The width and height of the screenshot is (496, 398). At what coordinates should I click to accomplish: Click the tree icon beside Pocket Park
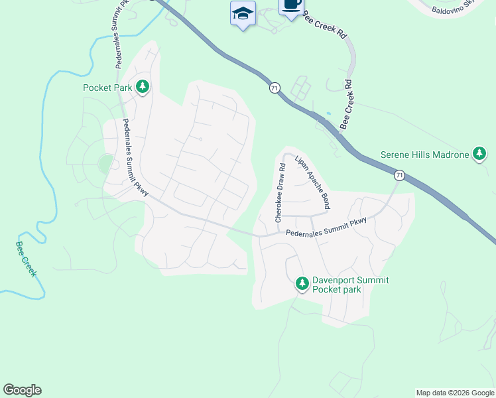coord(142,87)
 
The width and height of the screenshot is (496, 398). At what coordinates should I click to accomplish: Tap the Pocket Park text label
coord(107,88)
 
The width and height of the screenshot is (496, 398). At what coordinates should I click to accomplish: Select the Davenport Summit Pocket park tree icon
coord(302,284)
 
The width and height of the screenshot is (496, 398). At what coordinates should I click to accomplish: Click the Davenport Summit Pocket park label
coord(349,285)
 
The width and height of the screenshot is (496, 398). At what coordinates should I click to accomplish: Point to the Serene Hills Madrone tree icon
coord(479,155)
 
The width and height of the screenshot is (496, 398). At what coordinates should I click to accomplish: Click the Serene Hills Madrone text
coord(424,155)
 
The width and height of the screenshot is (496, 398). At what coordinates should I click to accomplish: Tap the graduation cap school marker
coord(243,13)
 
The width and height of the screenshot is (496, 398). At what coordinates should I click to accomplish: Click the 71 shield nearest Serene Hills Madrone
coord(399,175)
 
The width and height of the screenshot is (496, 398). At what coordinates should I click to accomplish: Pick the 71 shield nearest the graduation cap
coord(275,88)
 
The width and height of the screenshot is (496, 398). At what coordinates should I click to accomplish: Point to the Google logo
coord(22,390)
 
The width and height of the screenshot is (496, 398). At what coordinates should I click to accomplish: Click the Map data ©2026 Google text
coord(455,393)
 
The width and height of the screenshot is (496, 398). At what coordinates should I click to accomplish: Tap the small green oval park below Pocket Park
coord(105,163)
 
